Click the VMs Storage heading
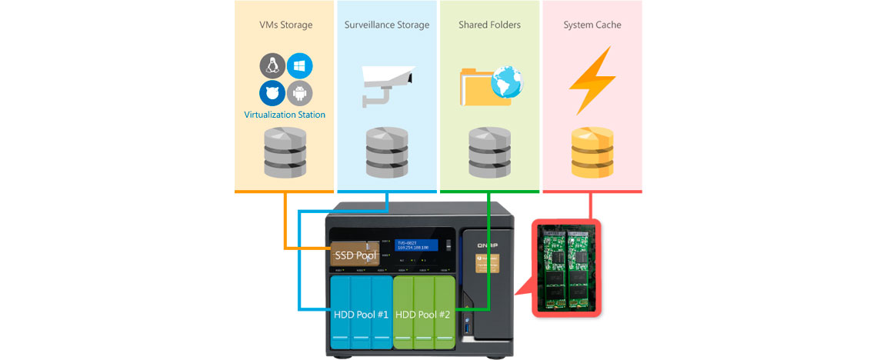coord(285,25)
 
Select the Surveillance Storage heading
coord(387,25)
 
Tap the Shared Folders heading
coord(489,25)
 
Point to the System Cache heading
coord(592,25)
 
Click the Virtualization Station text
coord(285,115)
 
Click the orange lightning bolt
coord(591,80)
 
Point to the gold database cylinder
coord(591,152)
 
